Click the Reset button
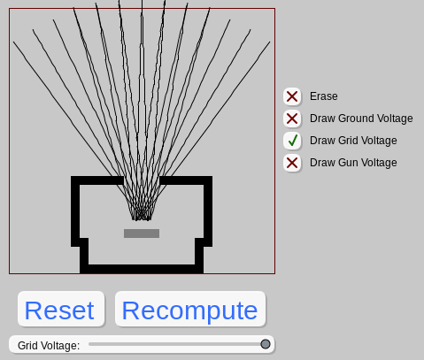61,309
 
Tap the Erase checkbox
292,96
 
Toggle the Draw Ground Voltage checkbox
292,119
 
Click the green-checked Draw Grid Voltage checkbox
292,141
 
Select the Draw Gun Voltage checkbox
292,163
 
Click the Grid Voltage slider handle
266,344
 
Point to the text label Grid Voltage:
49,346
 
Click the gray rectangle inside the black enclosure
142,234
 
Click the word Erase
324,96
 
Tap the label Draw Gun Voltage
353,163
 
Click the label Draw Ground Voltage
361,119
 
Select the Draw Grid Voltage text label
353,141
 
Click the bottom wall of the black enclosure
142,269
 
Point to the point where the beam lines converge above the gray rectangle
142,218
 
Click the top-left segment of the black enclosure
97,180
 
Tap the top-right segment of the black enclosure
186,180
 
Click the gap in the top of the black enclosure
142,180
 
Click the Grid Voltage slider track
177,344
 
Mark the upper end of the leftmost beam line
13,42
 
